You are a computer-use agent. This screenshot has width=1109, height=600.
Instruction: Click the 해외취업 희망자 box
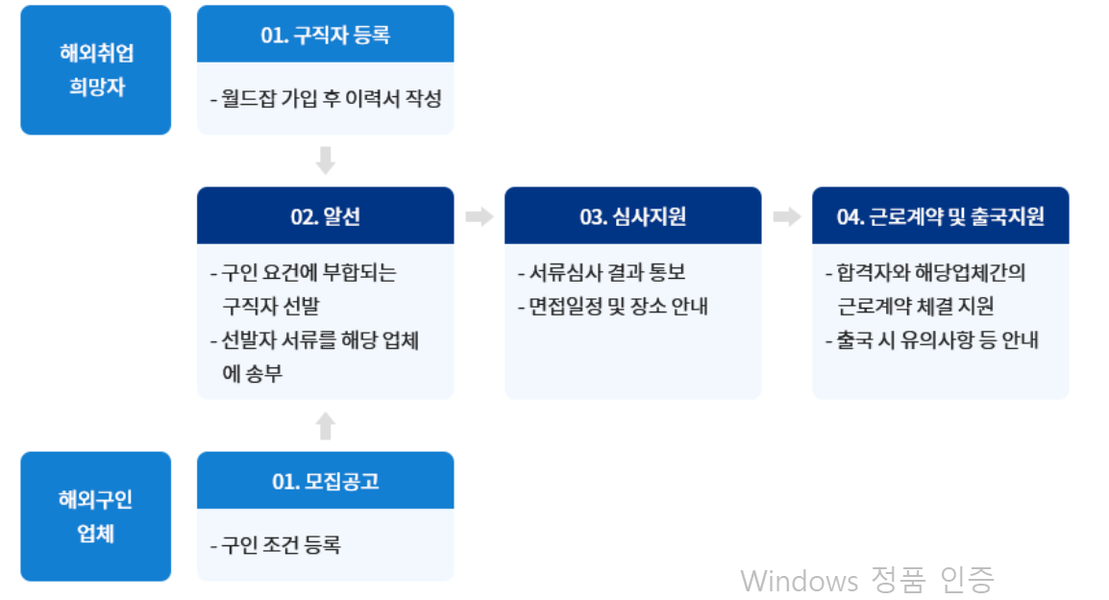(95, 69)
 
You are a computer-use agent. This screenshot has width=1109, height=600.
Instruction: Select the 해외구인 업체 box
(95, 516)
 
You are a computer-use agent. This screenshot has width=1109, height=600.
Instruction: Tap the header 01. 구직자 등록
(325, 35)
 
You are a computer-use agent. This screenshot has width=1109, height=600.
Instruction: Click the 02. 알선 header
(325, 216)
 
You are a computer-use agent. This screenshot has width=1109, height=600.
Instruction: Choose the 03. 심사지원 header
(632, 216)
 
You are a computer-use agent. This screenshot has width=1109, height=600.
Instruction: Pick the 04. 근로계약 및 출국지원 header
(940, 216)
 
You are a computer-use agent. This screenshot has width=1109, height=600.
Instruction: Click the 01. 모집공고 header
(325, 481)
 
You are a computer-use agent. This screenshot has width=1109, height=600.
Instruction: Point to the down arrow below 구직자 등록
(325, 160)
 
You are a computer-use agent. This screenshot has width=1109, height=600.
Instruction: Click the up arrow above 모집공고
(325, 425)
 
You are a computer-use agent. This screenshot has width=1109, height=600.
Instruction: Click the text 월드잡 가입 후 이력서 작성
(326, 99)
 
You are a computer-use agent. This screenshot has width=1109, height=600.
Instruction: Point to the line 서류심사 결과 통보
(602, 273)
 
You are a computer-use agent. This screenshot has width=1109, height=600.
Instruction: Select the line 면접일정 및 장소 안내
(612, 307)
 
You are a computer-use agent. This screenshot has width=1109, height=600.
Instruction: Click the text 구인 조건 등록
(276, 546)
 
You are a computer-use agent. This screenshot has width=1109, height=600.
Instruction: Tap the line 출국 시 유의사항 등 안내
(932, 340)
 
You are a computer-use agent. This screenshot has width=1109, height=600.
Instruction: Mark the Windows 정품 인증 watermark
(867, 580)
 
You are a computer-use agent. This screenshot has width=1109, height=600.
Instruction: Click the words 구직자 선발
(270, 307)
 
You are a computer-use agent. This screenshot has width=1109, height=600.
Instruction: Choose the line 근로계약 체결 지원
(915, 307)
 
